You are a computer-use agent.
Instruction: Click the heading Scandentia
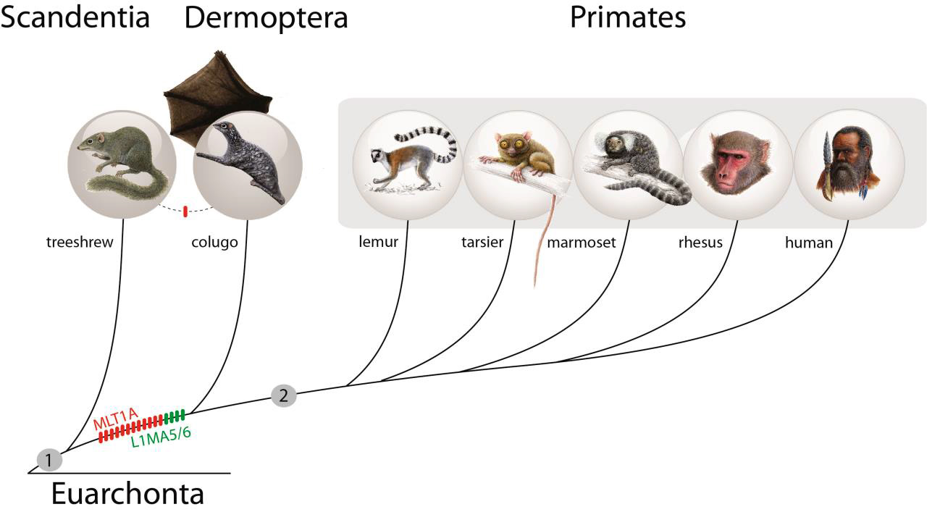75,17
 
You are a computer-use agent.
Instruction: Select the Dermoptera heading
266,18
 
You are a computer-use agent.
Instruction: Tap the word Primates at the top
627,17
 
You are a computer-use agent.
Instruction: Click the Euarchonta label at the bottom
127,495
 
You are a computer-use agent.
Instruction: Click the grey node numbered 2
283,395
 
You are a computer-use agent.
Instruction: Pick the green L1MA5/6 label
161,434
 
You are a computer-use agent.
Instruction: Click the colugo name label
215,243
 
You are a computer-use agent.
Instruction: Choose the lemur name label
379,243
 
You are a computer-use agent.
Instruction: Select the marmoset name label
582,243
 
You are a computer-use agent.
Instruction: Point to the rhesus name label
700,243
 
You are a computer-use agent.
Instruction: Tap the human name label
809,243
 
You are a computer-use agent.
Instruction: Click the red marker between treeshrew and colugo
185,211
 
